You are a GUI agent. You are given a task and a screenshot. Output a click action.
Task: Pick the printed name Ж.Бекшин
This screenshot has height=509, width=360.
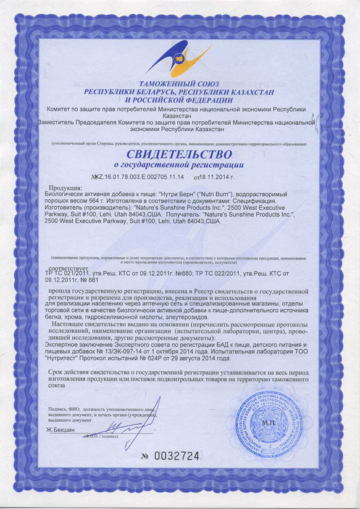(x=61, y=429)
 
